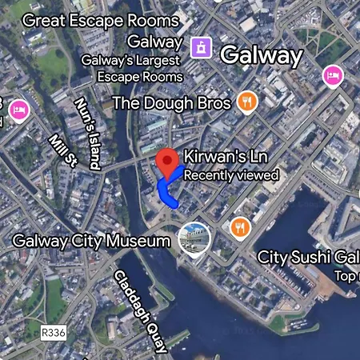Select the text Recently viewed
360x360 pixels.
pyautogui.click(x=231, y=174)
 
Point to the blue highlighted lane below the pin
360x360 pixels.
pyautogui.click(x=166, y=194)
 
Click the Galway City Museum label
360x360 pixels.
pyautogui.click(x=92, y=241)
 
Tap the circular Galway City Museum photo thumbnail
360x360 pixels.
pyautogui.click(x=194, y=238)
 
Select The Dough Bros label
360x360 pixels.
pyautogui.click(x=171, y=102)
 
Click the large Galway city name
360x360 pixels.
pyautogui.click(x=261, y=55)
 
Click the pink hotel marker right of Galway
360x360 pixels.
pyautogui.click(x=333, y=77)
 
